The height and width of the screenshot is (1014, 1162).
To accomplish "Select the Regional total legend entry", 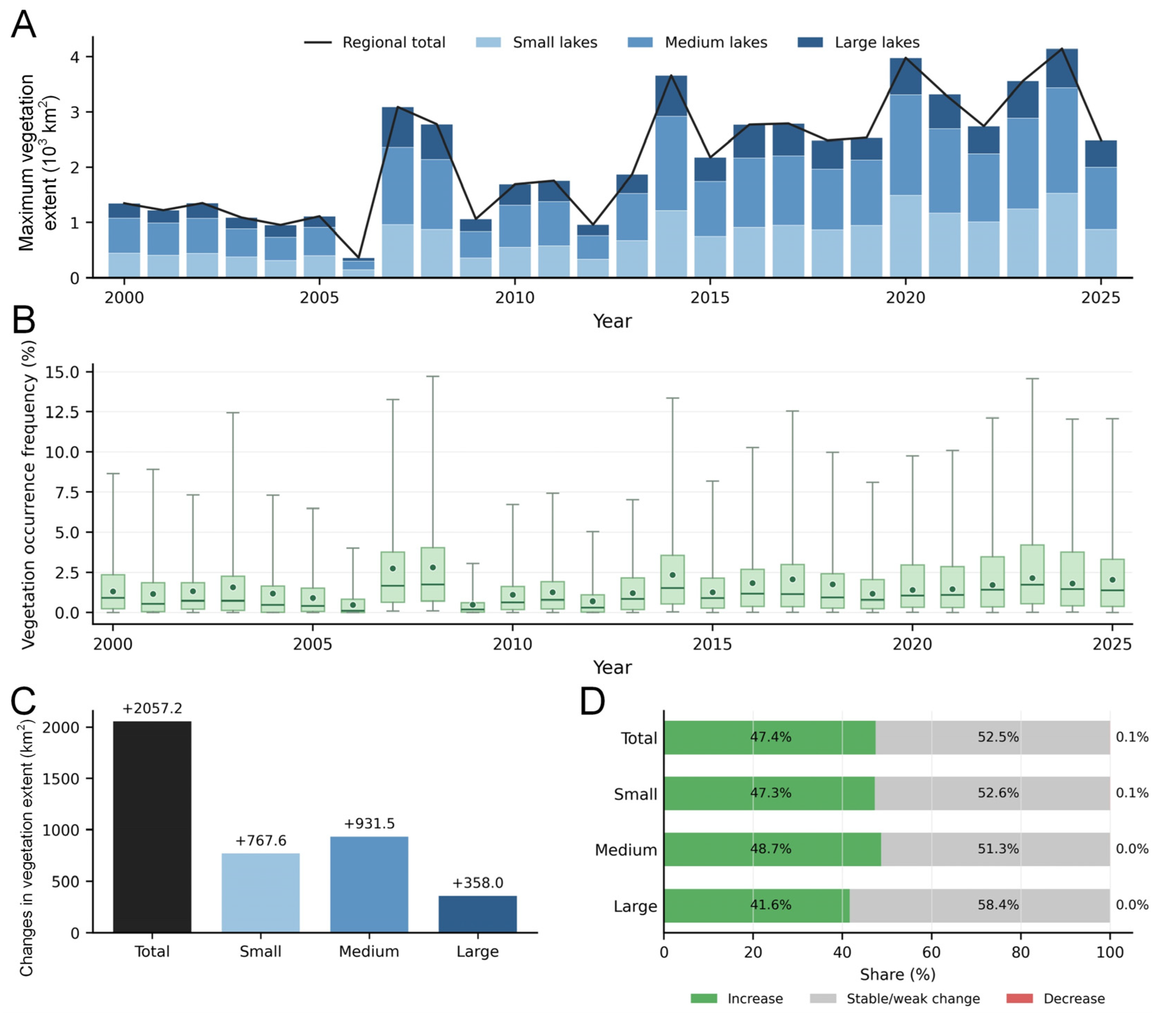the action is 375,42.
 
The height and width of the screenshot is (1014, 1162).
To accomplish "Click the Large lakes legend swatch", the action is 810,42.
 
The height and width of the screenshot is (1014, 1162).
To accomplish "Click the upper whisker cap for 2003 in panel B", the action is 233,413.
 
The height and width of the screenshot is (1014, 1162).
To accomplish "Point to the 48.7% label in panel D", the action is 771,849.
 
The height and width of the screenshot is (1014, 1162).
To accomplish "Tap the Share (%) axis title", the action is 898,974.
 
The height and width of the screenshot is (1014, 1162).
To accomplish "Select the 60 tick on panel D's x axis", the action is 931,952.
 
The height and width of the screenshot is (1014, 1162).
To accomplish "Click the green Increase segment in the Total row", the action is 769,737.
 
